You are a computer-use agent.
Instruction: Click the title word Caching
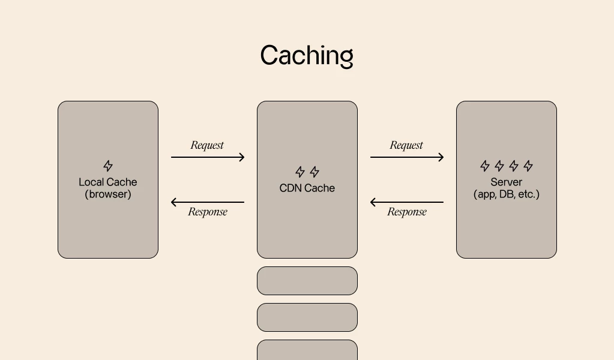coord(307,56)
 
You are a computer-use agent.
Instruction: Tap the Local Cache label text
coord(108,182)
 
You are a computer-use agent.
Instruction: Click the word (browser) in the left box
coord(108,194)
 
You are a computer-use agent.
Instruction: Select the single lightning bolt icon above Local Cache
coord(108,166)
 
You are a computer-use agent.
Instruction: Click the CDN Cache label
coord(307,188)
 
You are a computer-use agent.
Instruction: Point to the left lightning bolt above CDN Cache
coord(300,172)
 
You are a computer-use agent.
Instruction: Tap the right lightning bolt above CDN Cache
coord(314,172)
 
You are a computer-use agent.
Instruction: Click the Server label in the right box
coord(506,182)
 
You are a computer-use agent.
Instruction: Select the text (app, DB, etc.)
coord(506,194)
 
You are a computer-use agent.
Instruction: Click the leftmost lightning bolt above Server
coord(485,166)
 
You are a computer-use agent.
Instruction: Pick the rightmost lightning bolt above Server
coord(528,166)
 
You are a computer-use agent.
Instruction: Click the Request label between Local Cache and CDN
coord(207,145)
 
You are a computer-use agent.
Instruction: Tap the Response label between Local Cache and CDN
coord(208,212)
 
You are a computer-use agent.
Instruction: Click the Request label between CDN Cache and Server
coord(406,145)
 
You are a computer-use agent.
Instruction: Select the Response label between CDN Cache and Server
coord(407,212)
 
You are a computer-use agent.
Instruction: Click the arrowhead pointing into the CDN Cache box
coord(241,157)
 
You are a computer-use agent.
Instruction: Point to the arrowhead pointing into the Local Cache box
coord(175,202)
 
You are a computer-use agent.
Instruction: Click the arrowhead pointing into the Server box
coord(441,157)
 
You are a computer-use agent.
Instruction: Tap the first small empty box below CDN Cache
coord(307,281)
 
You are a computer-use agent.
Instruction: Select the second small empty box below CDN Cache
coord(307,317)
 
